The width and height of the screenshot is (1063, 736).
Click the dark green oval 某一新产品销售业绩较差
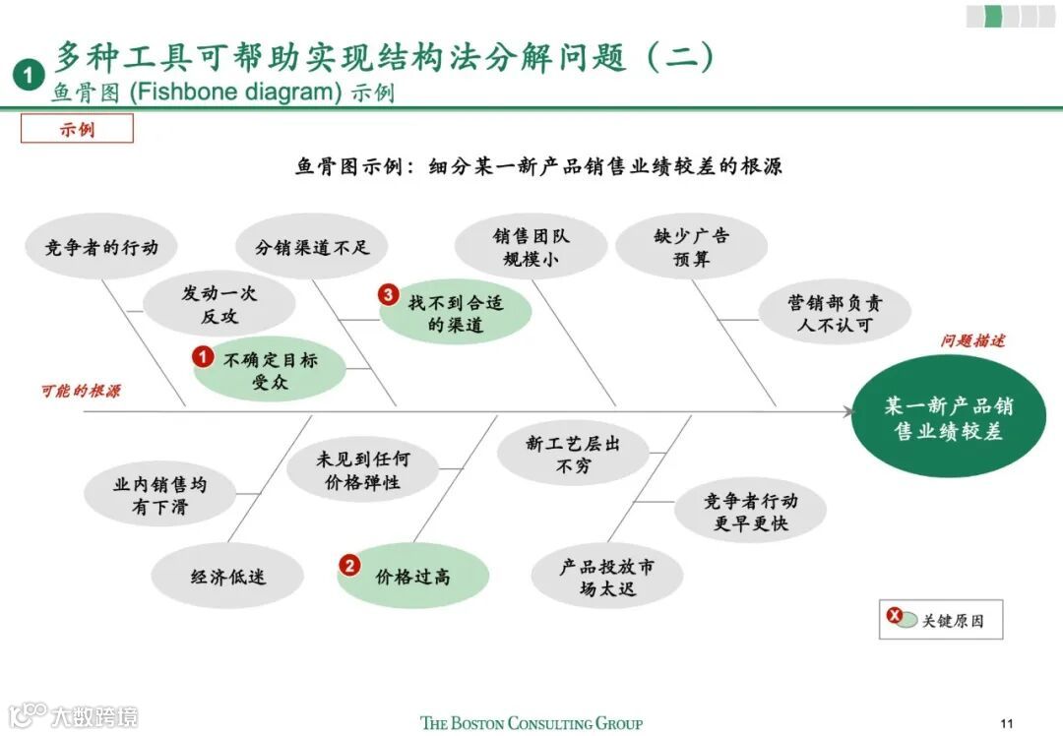tap(948, 417)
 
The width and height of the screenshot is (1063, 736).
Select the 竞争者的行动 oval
tap(101, 247)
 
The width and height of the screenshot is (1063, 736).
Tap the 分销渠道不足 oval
tap(312, 247)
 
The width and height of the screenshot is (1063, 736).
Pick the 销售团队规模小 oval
tap(531, 248)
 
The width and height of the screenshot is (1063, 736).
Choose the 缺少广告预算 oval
tap(691, 248)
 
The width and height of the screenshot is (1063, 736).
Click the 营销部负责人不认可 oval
tap(835, 313)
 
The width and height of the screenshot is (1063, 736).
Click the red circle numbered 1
tap(203, 357)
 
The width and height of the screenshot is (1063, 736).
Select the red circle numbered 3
tap(389, 295)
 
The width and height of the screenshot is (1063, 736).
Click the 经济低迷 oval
tap(227, 577)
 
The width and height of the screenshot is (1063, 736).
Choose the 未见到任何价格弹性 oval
tap(362, 471)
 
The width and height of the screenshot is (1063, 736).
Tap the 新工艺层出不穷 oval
tap(573, 455)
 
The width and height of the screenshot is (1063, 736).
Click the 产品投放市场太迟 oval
tap(606, 578)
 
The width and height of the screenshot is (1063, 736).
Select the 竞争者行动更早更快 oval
tap(750, 512)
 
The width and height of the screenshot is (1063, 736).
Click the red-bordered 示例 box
tap(77, 128)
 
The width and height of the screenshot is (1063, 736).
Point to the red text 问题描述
tap(972, 341)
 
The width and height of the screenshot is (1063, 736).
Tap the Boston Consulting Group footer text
tap(531, 723)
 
